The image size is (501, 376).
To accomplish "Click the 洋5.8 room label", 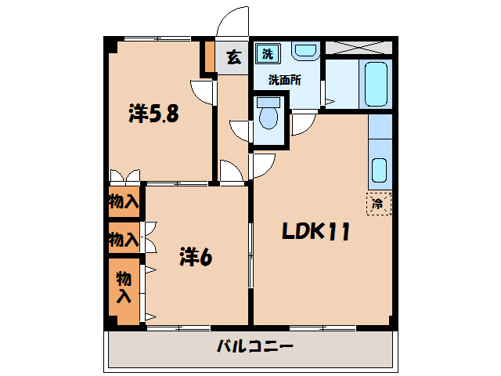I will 154,114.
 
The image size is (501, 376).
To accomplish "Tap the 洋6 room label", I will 196,255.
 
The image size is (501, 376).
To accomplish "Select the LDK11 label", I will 315,232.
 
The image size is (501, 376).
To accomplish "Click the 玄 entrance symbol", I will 233,56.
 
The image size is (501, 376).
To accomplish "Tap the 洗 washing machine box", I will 268,54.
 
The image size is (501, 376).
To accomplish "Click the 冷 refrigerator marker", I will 377,204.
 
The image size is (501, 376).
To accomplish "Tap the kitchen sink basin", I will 379,169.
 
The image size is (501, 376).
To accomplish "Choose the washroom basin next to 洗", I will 305,51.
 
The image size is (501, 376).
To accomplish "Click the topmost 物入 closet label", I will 124,201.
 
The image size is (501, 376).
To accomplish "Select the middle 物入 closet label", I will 124,237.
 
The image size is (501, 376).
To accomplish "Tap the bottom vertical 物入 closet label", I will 124,287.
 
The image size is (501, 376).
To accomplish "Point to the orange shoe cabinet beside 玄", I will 209,56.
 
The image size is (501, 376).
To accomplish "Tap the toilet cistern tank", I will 269,100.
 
